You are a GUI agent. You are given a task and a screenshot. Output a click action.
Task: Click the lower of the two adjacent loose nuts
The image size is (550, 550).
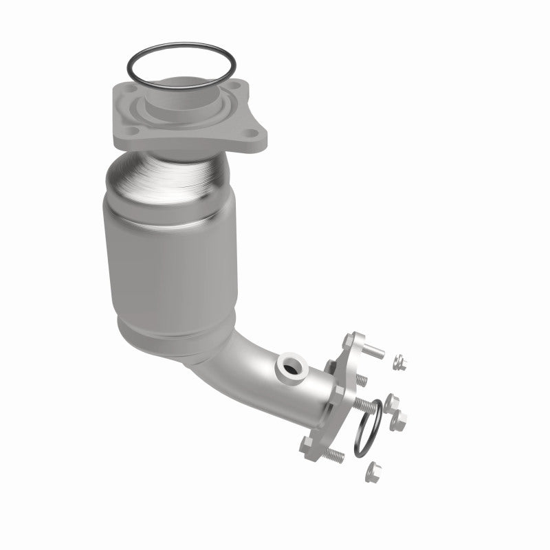click(398, 420)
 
